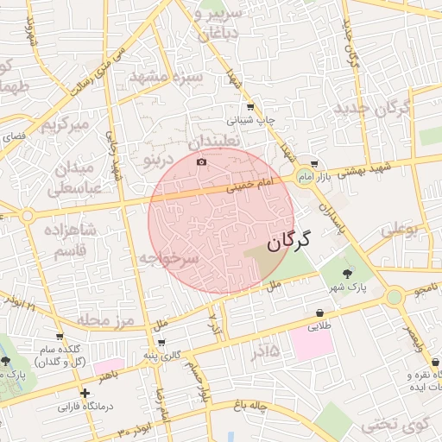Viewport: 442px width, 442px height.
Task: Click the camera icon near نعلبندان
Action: (202, 161)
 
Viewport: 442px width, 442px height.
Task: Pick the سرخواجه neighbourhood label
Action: (170, 258)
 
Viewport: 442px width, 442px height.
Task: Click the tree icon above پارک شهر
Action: (348, 273)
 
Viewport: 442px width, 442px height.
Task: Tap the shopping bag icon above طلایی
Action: (319, 313)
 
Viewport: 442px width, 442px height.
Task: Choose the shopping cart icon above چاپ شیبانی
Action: (250, 107)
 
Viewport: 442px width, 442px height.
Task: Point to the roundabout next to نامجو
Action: (395, 297)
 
